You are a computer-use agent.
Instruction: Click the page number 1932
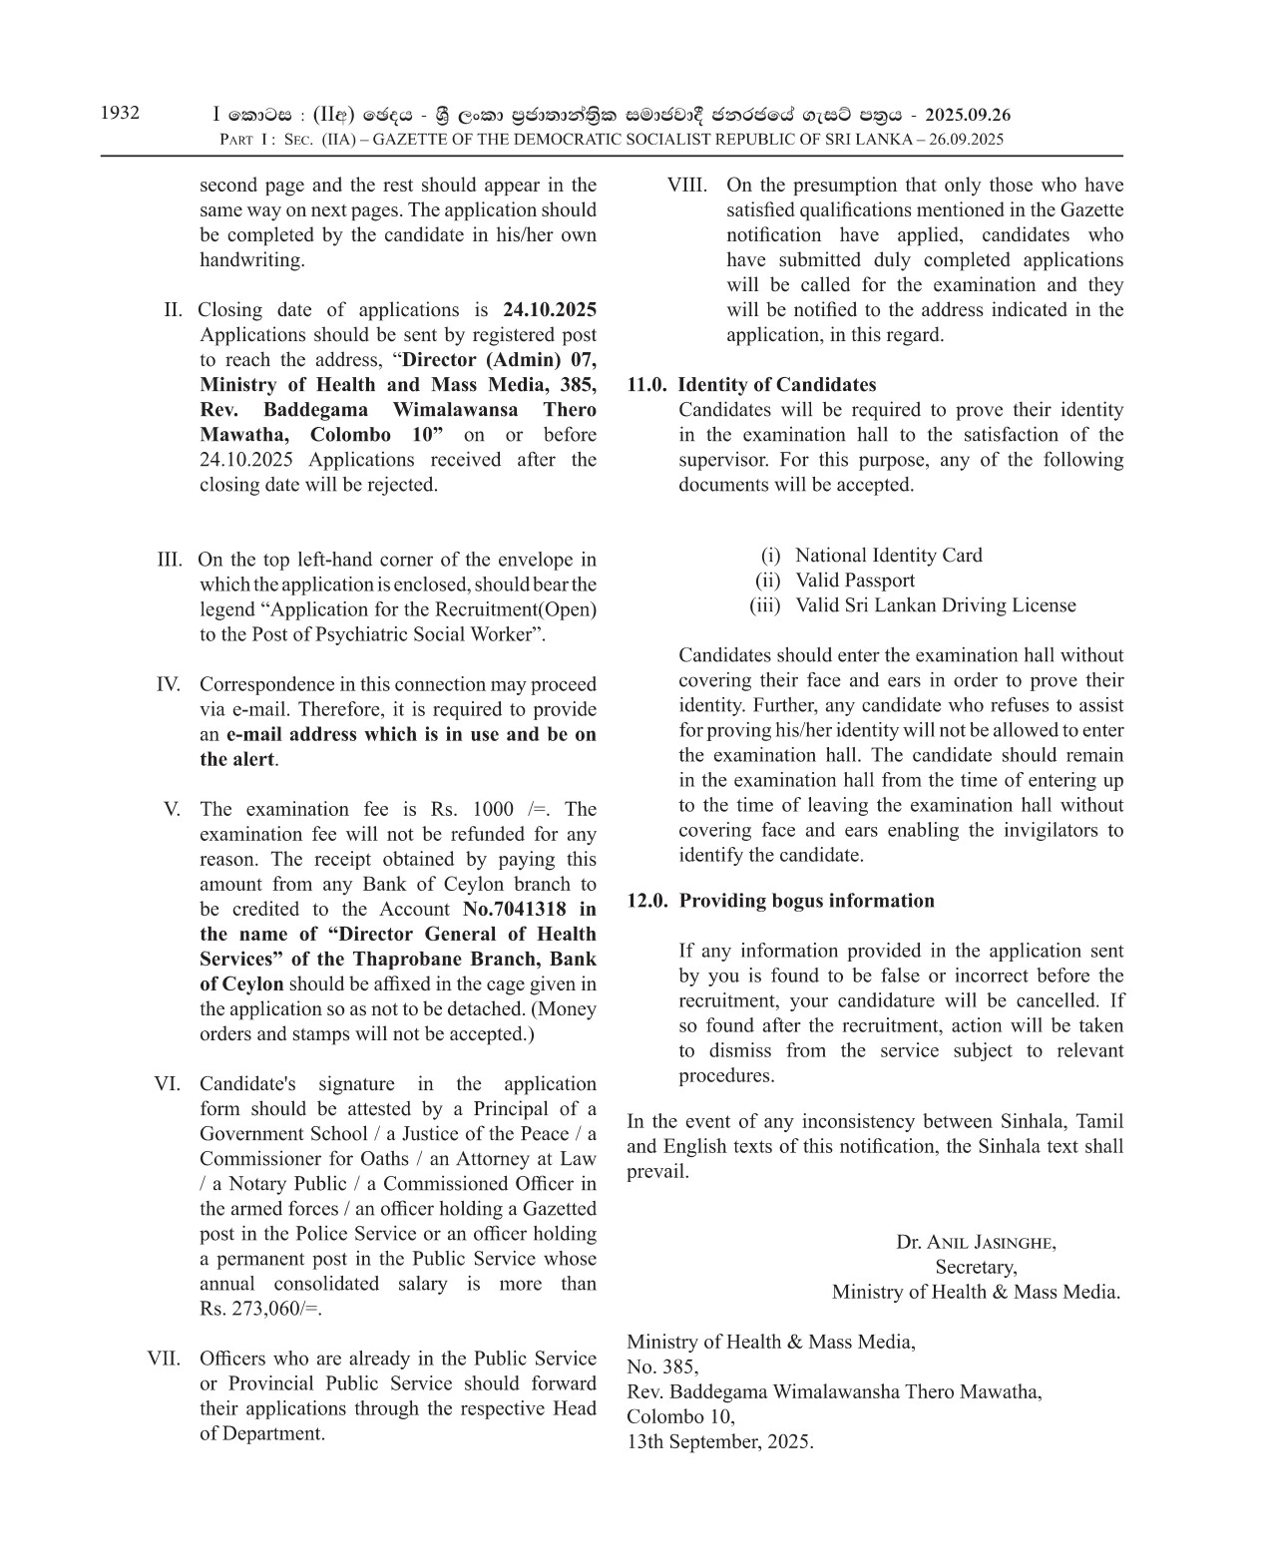(120, 113)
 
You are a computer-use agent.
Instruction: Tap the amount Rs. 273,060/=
(260, 1309)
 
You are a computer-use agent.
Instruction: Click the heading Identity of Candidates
(777, 385)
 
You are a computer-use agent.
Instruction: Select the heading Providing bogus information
(806, 901)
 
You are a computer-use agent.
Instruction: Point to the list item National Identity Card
(888, 556)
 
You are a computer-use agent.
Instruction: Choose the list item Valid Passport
(854, 581)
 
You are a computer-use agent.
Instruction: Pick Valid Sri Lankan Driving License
(935, 605)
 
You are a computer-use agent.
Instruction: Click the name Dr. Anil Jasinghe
(975, 1242)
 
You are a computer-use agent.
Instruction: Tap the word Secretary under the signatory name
(975, 1267)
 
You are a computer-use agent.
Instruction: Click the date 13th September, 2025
(719, 1441)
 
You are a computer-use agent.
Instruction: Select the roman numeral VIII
(686, 186)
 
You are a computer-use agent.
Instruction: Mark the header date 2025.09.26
(968, 115)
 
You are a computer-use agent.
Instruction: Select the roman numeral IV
(169, 684)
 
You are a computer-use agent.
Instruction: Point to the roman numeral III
(170, 560)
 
